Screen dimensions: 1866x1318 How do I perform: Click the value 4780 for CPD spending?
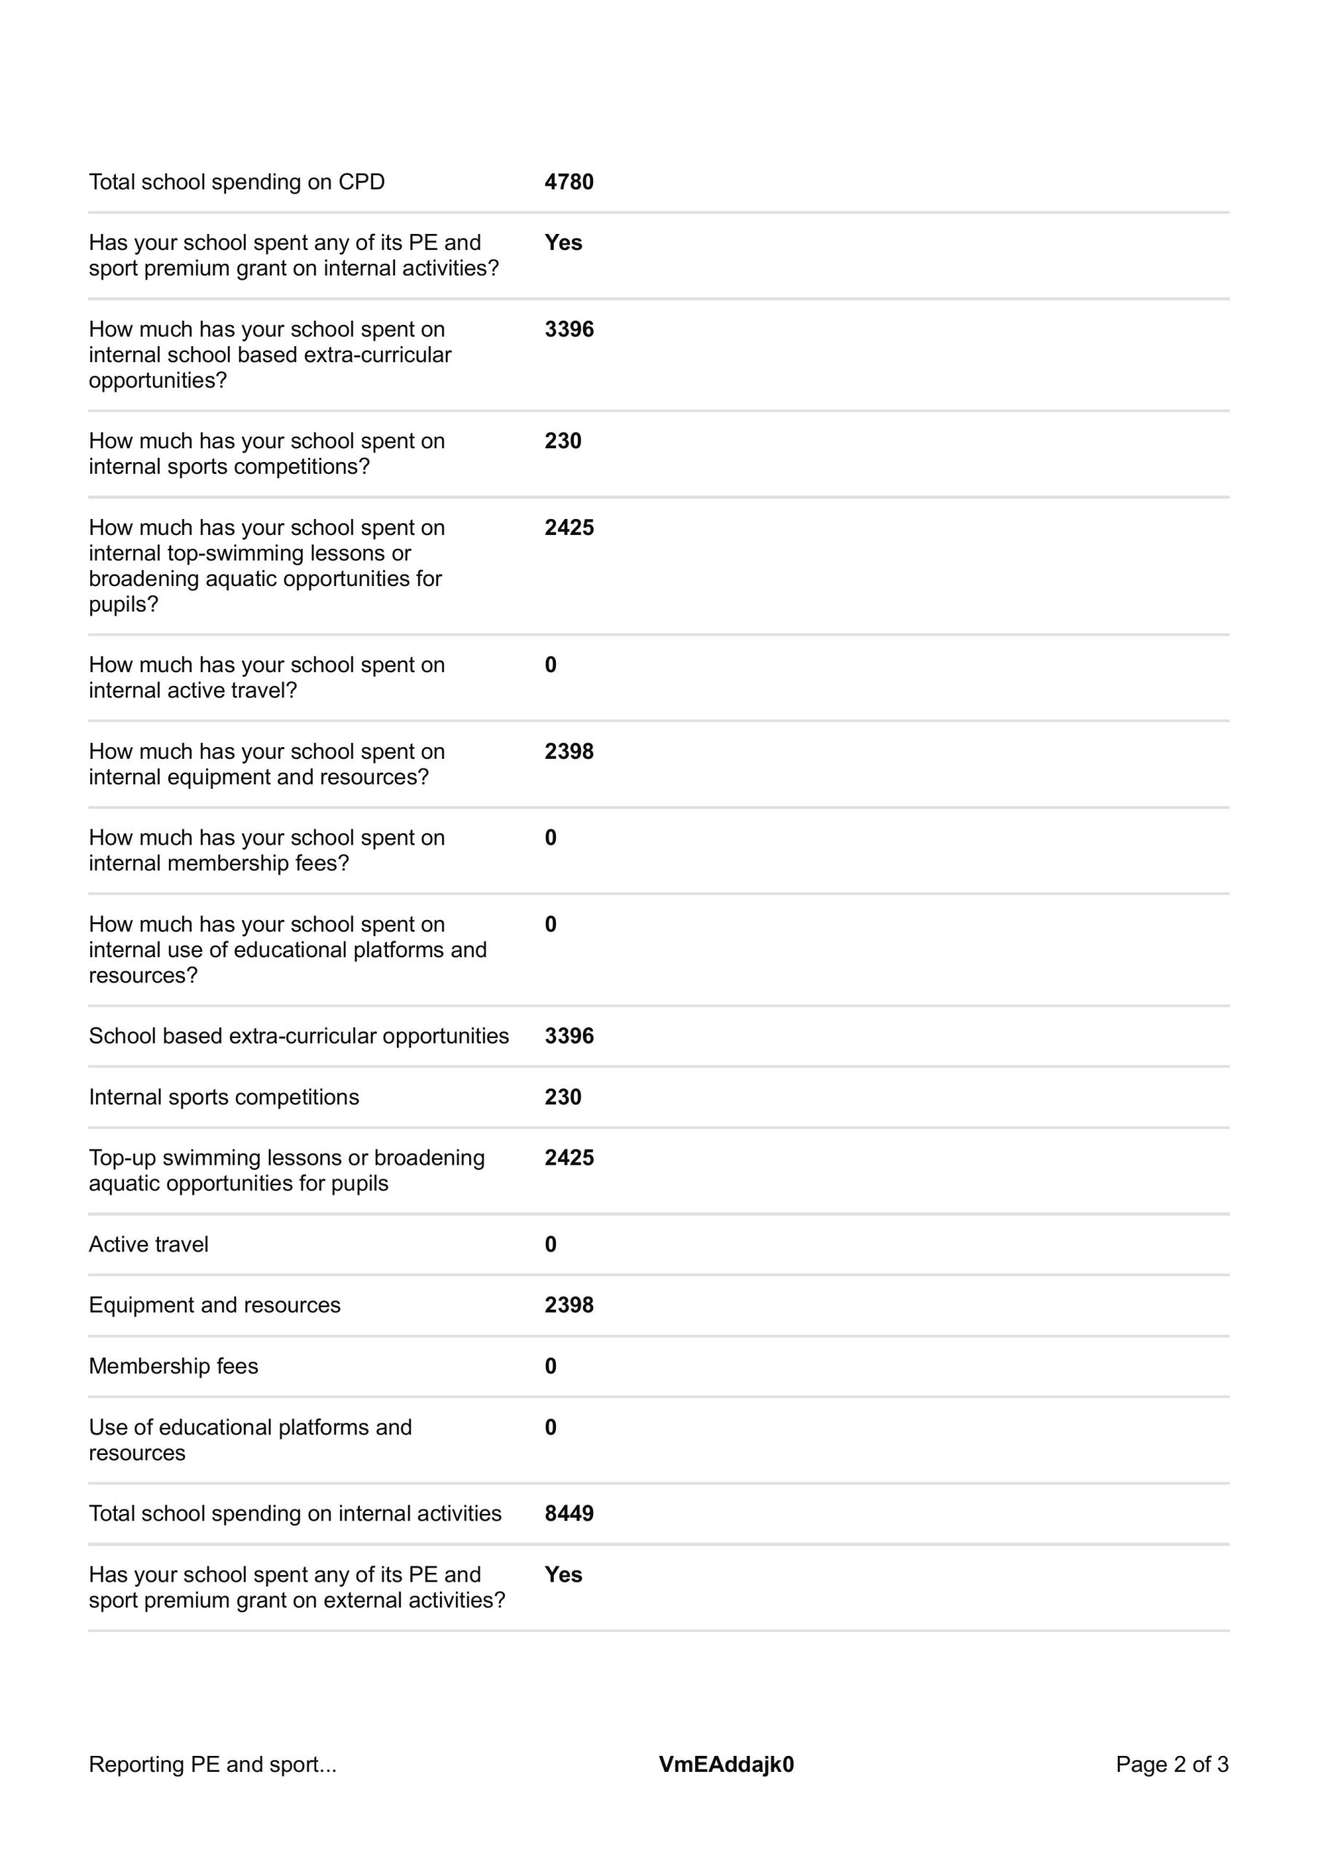pos(569,182)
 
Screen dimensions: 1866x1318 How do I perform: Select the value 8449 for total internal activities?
pos(569,1513)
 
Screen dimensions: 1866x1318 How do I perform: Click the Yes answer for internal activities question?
pos(563,243)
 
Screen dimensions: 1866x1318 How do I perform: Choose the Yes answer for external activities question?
pos(563,1574)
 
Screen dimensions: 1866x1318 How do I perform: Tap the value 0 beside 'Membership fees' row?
pos(551,1366)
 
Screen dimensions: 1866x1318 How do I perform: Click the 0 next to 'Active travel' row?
pos(551,1244)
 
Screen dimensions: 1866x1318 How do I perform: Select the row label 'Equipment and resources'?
pos(214,1305)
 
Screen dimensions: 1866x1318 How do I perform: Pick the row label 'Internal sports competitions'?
pos(224,1097)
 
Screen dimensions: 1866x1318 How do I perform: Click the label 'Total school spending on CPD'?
pos(237,182)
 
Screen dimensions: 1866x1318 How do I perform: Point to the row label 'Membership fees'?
pos(173,1366)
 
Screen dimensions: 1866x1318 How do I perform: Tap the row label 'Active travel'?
pos(149,1244)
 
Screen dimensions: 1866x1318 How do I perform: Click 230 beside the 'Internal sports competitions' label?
pos(563,1097)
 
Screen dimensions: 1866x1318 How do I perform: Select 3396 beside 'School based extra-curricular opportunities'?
pos(569,1037)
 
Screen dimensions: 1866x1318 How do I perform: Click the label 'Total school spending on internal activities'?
pos(295,1513)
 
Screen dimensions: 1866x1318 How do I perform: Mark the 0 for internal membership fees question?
pos(551,838)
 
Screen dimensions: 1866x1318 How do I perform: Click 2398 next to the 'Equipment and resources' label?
pos(569,1305)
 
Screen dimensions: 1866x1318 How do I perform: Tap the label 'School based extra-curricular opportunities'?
pos(299,1037)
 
